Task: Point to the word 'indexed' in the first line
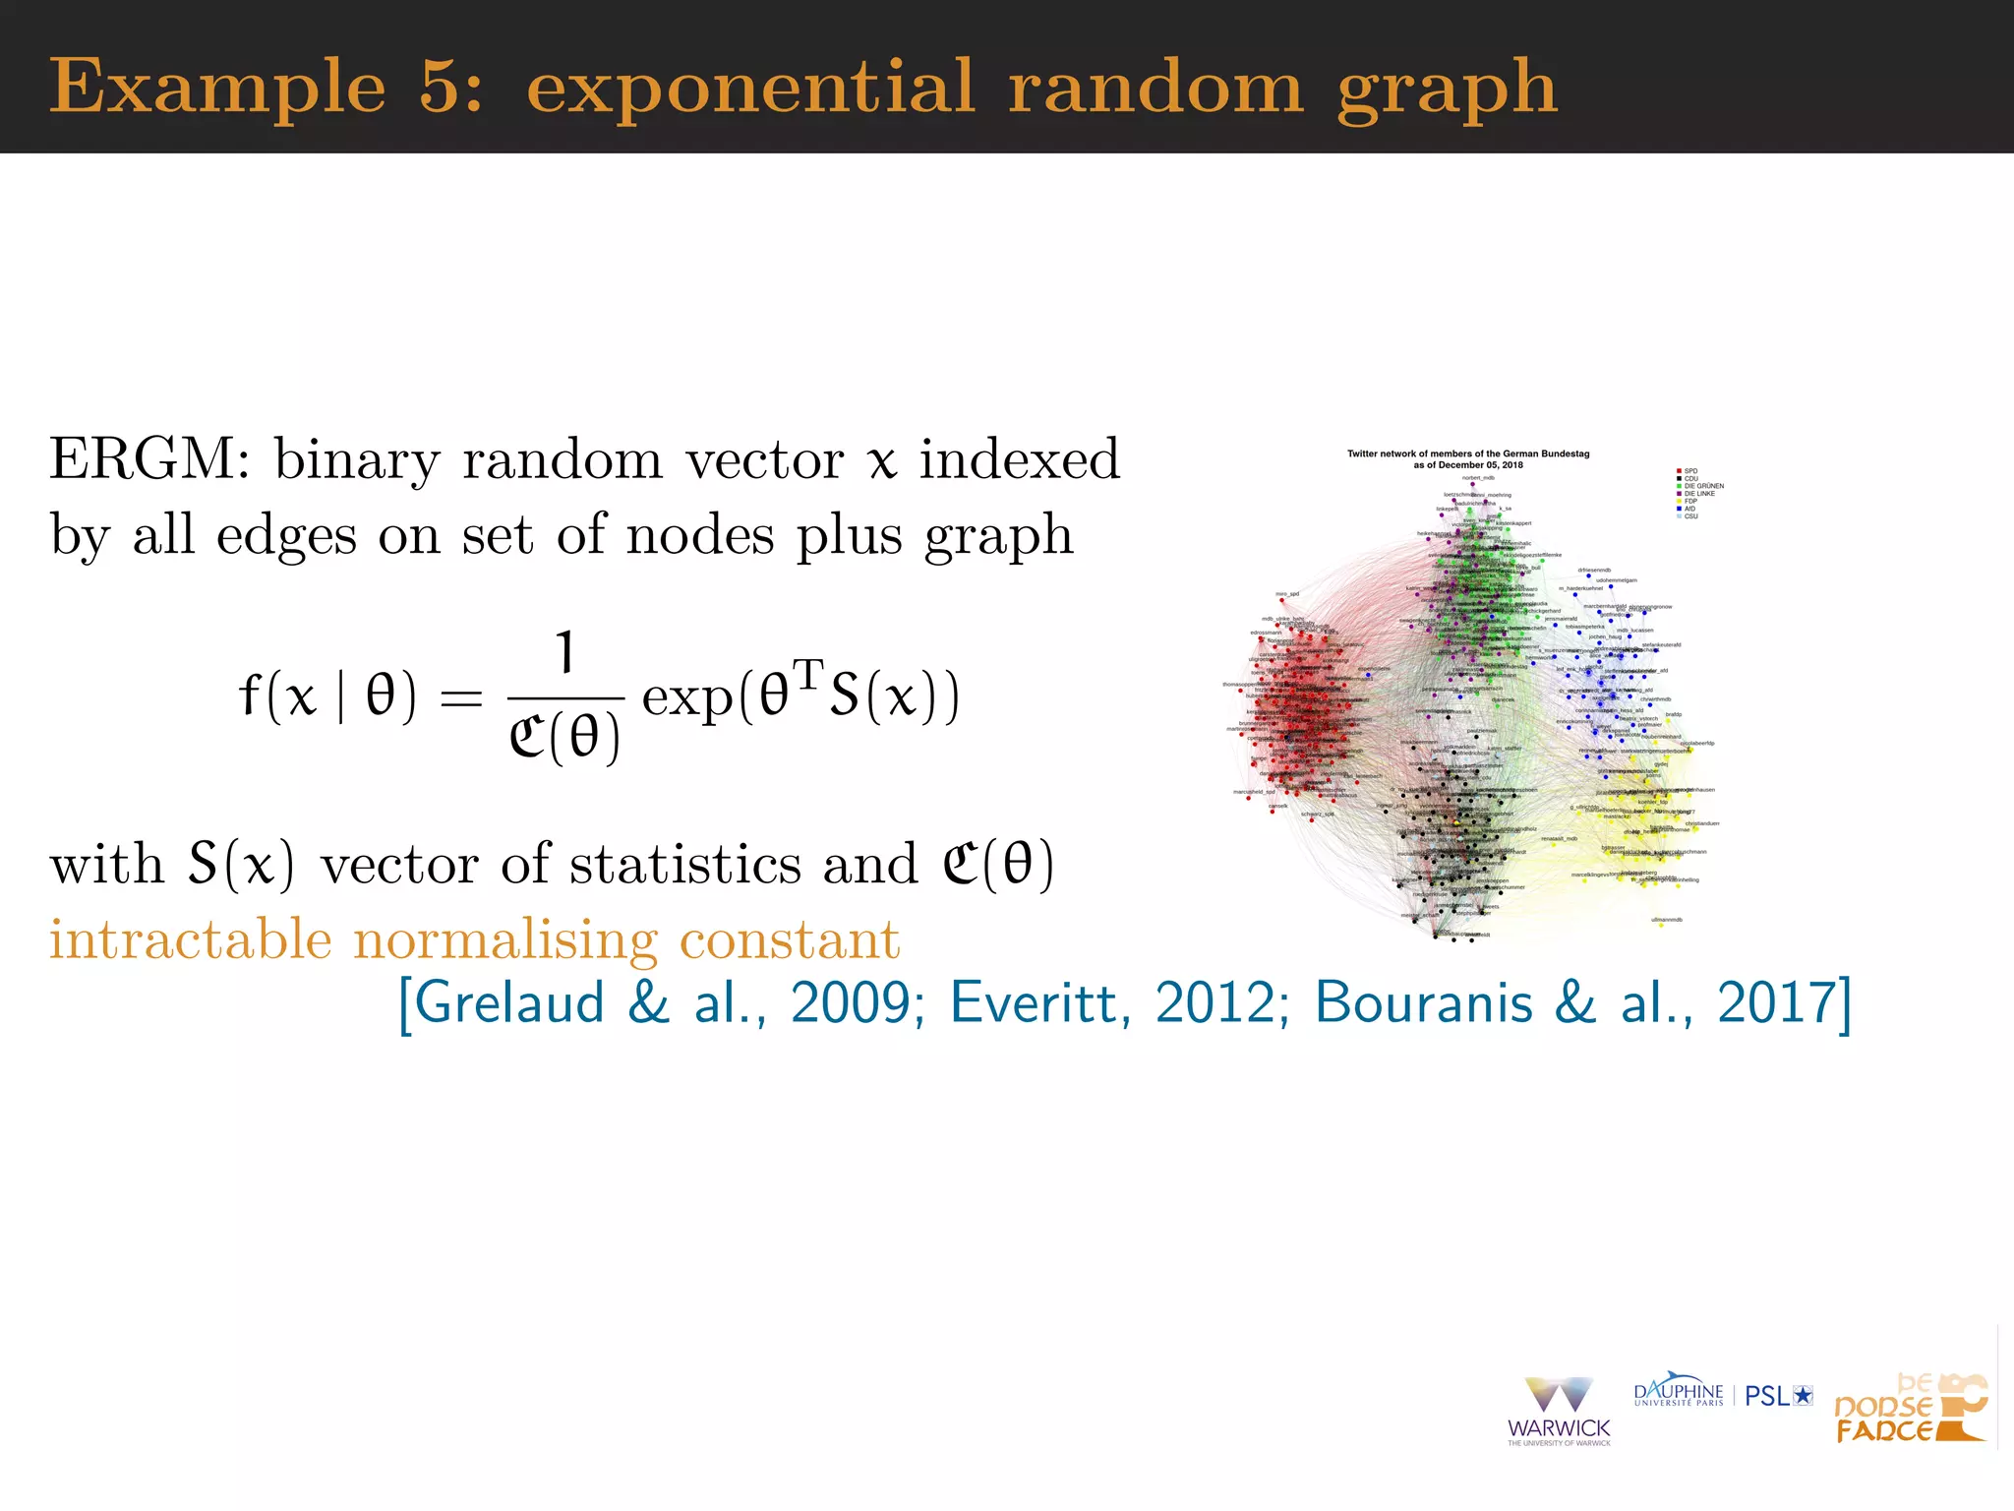coord(1019,459)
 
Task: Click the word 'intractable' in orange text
coord(191,939)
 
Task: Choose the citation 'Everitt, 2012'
coord(1119,1003)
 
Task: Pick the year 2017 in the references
coord(1776,1003)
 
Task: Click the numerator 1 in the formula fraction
coord(565,653)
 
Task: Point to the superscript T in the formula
coord(807,675)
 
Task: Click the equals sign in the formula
coord(461,698)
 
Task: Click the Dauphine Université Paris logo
coord(1678,1394)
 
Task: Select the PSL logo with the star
coord(1778,1396)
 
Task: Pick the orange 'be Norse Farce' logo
coord(1910,1410)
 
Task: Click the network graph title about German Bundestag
coord(1468,459)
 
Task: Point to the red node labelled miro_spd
coord(1281,600)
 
